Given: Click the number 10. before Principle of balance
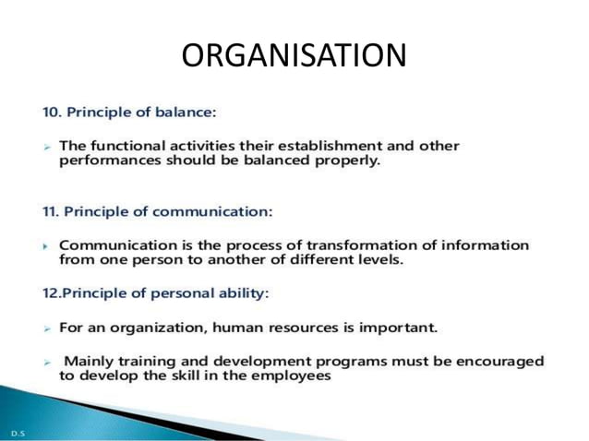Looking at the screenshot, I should [x=54, y=113].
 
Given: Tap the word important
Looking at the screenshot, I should [x=396, y=328].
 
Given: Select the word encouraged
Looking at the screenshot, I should [x=499, y=362].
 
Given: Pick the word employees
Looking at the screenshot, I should [x=294, y=375].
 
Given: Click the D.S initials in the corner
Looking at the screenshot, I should [x=17, y=431].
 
